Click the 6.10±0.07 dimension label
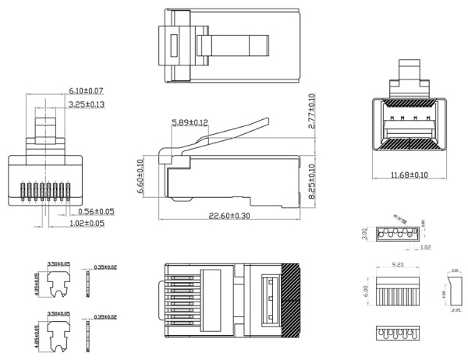point(86,92)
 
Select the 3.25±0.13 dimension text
point(86,104)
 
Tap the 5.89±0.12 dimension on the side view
point(190,122)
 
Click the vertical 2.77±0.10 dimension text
point(311,111)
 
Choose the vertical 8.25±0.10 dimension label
point(311,182)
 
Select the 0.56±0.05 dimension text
point(96,211)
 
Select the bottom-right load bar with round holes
point(397,332)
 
